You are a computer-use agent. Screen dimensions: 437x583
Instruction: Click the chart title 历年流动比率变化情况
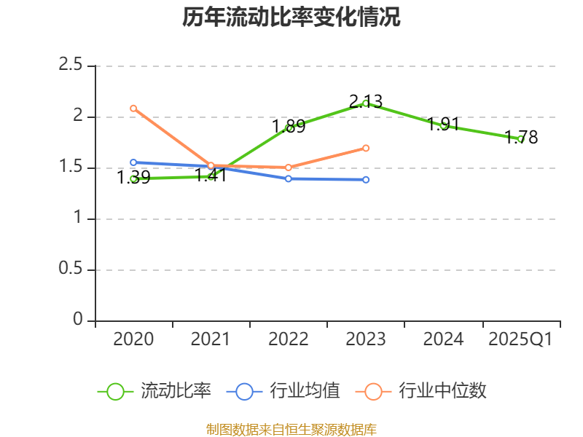click(x=291, y=17)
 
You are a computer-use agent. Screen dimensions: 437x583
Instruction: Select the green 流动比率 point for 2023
click(x=366, y=103)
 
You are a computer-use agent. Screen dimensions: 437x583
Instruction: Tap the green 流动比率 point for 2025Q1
click(x=520, y=138)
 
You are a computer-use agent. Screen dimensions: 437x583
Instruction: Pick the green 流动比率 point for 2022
click(x=289, y=127)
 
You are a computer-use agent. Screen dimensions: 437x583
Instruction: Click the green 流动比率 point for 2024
click(x=443, y=125)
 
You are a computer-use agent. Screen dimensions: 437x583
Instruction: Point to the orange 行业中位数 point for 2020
click(x=133, y=109)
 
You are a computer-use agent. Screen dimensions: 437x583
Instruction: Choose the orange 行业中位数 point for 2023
click(x=366, y=148)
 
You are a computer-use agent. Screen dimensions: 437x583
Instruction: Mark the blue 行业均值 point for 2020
click(x=133, y=163)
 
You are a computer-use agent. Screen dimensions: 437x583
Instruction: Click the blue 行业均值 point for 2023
click(x=366, y=180)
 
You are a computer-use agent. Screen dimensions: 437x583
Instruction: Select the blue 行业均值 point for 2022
click(x=289, y=178)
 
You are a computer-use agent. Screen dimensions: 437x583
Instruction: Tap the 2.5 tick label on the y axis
click(x=71, y=66)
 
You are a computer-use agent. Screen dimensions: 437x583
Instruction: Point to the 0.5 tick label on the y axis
click(x=71, y=269)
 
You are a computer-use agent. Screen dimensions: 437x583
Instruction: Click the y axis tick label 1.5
click(x=71, y=168)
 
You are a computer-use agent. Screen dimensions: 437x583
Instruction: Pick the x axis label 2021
click(x=211, y=339)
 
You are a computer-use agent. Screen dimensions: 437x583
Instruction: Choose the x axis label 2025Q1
click(x=520, y=339)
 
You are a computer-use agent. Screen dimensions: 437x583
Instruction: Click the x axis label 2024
click(x=443, y=339)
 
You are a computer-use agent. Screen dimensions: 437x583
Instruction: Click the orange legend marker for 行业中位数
click(x=373, y=391)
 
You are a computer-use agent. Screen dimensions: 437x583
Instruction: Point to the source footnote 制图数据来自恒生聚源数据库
click(x=291, y=429)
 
